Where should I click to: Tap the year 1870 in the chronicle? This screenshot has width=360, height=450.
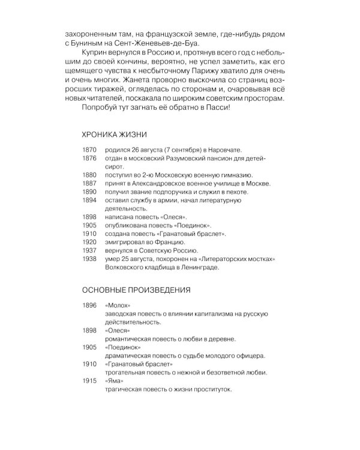tap(89, 149)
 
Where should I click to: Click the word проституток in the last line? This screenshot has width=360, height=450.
tap(209, 389)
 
